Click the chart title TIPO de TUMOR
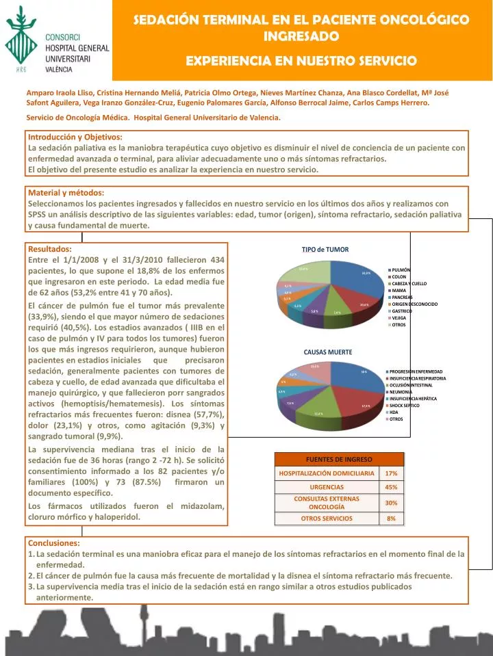[x=325, y=250]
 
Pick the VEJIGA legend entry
[x=399, y=318]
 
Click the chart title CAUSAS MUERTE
[x=328, y=352]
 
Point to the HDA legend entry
[x=394, y=412]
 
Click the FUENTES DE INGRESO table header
[x=339, y=458]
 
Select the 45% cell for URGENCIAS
[x=391, y=487]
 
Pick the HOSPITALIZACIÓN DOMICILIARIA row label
[x=327, y=473]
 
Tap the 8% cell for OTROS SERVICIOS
[x=391, y=519]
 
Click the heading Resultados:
[x=49, y=249]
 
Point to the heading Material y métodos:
[x=66, y=193]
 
